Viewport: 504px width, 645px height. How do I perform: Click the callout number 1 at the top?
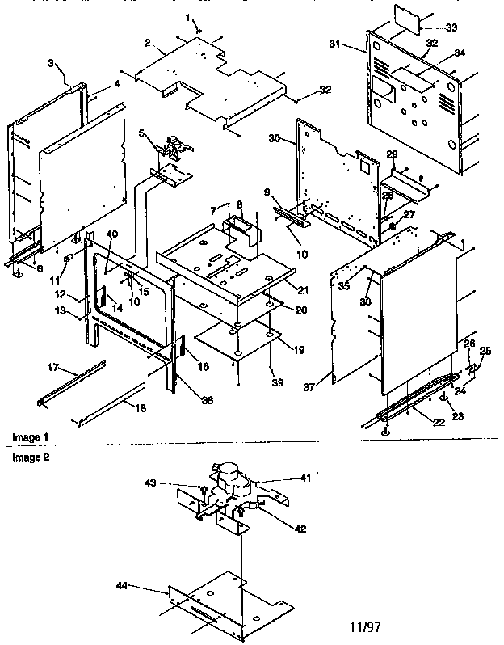[188, 17]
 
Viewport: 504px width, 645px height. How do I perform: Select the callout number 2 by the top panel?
[148, 43]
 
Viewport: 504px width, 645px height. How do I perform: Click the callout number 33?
[450, 27]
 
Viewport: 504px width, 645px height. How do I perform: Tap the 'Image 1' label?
[30, 437]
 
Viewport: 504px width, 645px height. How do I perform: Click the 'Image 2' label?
[30, 457]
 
